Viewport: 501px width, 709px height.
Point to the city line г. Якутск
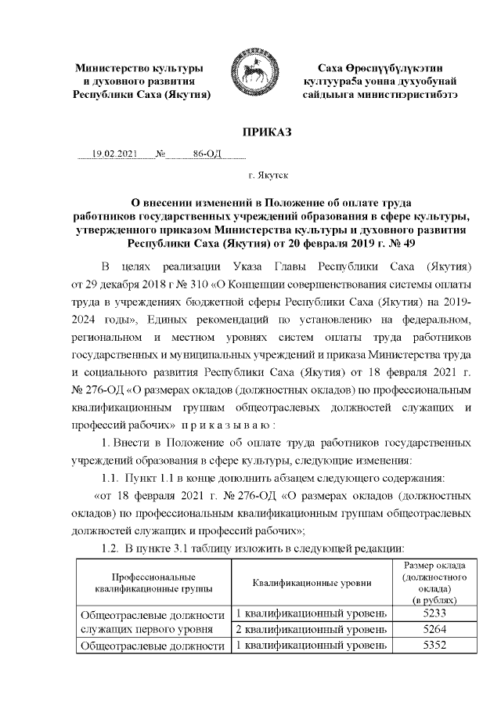267,179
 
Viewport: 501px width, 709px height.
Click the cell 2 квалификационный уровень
312,629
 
